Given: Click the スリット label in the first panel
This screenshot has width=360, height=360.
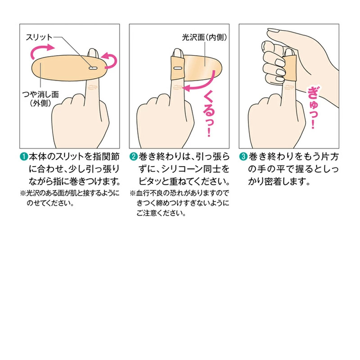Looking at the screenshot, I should point(40,37).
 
